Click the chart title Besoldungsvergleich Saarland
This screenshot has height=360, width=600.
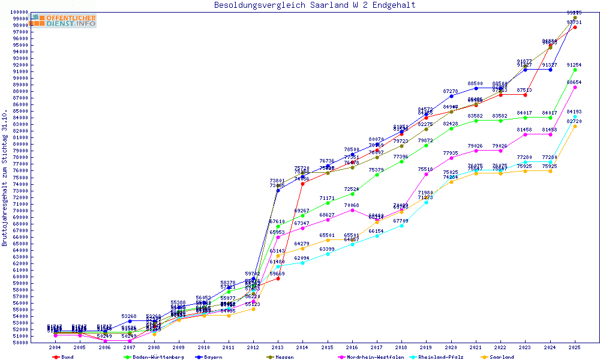click(314, 5)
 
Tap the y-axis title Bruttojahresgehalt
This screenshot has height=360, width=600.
click(5, 178)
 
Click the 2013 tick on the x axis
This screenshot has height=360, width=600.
click(278, 347)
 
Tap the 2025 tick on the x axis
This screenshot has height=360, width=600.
click(575, 347)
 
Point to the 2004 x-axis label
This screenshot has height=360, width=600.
click(55, 347)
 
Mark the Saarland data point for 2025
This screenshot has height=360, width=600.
click(575, 126)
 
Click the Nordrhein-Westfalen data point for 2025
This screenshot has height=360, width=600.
click(575, 87)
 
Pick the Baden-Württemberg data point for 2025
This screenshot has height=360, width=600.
click(575, 70)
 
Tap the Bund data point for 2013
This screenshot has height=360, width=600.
click(278, 278)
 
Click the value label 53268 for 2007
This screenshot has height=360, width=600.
click(129, 316)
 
